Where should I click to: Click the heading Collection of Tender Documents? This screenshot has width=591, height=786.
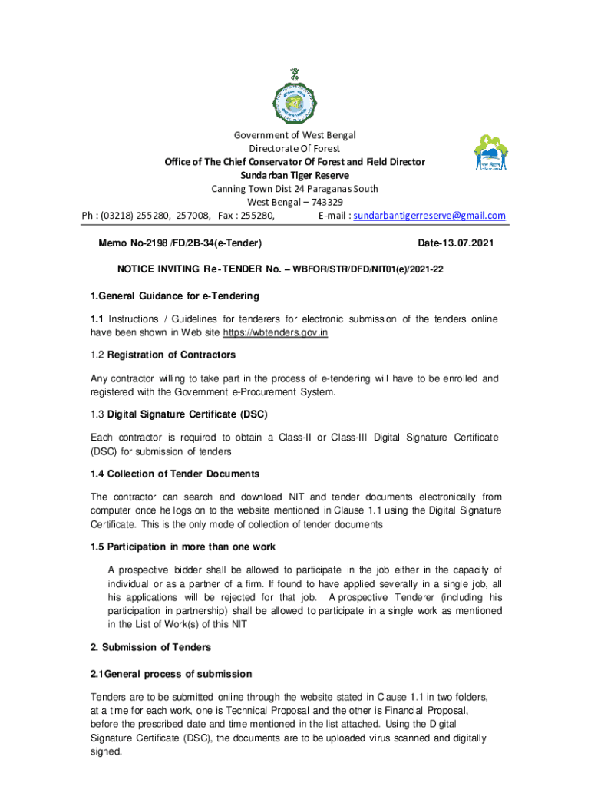(183, 474)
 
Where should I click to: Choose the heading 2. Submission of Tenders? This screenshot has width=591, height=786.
(150, 647)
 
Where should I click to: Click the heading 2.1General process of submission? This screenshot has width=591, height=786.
(171, 674)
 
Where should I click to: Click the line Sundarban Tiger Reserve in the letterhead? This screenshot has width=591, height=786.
(295, 175)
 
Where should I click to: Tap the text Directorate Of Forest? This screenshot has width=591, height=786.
(294, 148)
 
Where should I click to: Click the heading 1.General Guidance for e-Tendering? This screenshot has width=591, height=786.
(175, 296)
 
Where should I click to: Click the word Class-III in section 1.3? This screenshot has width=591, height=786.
(350, 437)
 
